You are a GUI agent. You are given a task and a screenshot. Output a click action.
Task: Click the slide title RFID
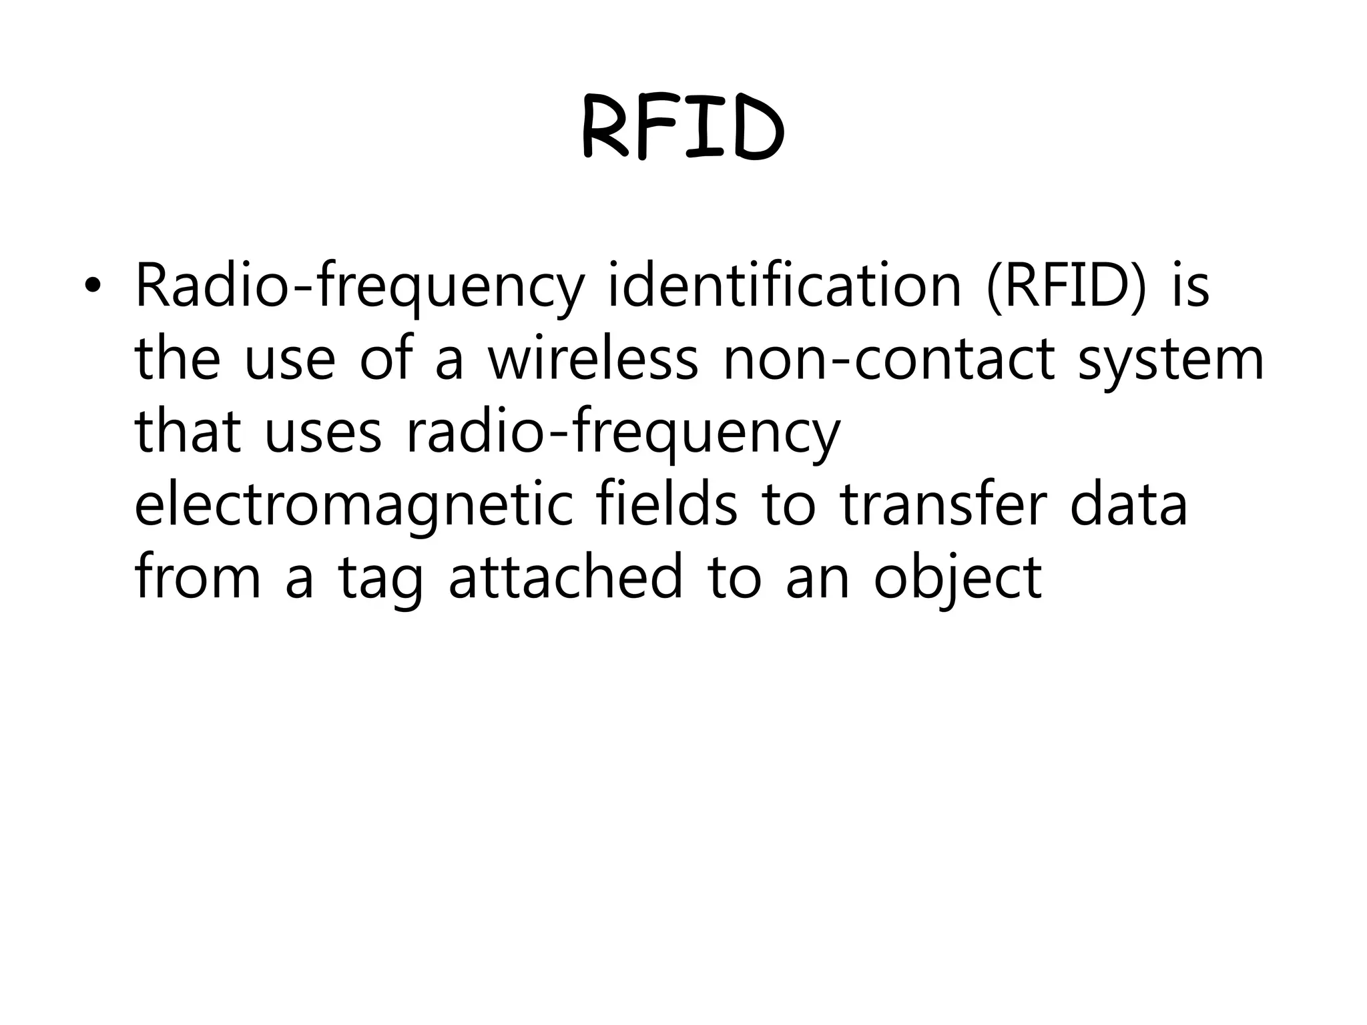(683, 127)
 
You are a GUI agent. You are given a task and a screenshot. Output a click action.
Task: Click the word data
(1129, 504)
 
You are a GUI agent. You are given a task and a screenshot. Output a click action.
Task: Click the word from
(198, 577)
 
